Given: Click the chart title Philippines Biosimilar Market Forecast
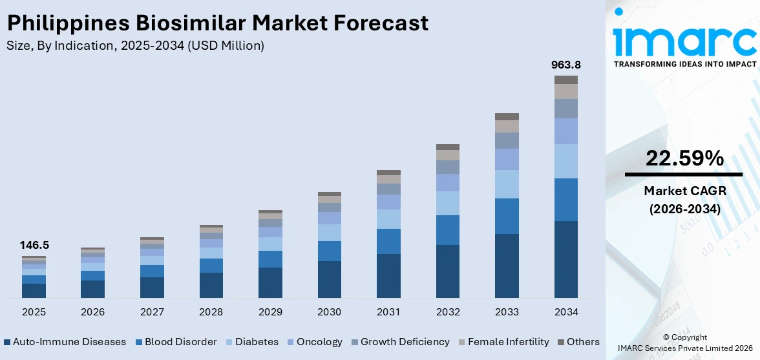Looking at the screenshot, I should pos(217,23).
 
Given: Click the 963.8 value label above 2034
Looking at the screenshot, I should pos(565,65).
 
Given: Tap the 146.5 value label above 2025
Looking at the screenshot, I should pos(34,245).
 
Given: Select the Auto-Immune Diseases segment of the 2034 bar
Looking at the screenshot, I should pos(565,259).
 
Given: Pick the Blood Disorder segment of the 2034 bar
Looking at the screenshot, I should pos(565,200).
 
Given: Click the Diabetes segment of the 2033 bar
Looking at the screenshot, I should pos(507,184).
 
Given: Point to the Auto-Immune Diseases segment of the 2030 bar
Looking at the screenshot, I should pos(329,279).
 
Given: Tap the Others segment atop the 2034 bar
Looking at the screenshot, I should pos(565,79).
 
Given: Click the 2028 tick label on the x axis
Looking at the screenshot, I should pos(211,312).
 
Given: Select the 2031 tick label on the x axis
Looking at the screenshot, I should pos(388,312).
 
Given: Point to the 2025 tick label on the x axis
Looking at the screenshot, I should pos(34,312).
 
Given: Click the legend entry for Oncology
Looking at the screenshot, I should pos(319,342).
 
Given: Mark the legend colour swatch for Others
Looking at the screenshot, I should pos(561,342).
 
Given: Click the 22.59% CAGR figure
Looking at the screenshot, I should pos(684,158).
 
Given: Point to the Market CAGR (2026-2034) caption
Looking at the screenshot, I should pos(684,200).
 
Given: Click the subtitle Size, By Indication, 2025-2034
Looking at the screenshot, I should pos(135,45).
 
